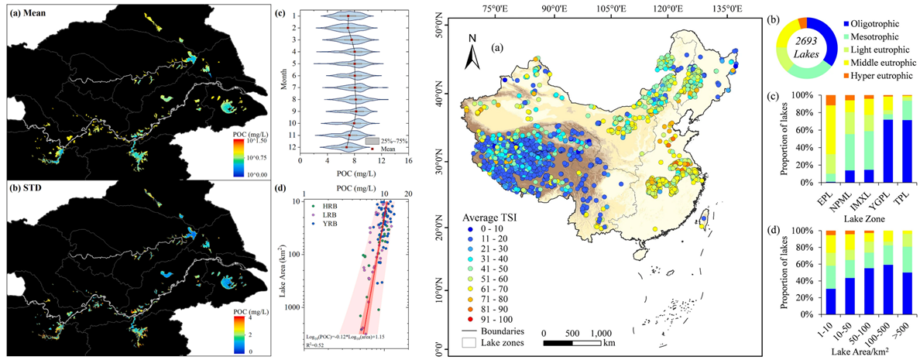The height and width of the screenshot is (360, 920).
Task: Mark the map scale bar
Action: click(x=572, y=341)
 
